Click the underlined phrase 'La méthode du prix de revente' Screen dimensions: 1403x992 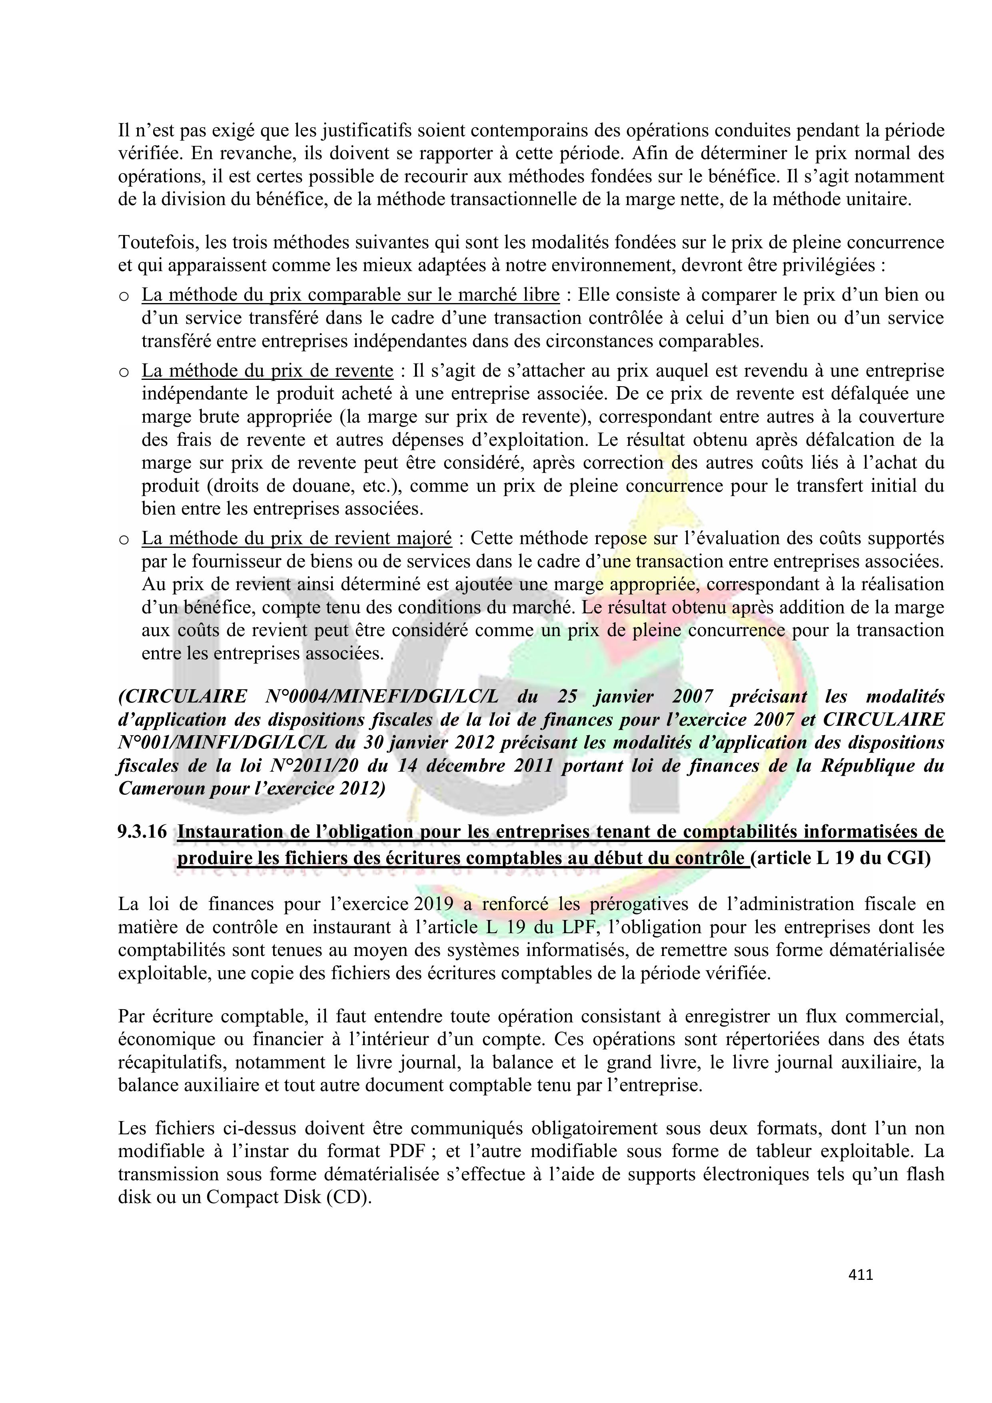tap(267, 371)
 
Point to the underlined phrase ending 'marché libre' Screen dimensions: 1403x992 tap(350, 295)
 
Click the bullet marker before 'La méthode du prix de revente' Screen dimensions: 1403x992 tap(124, 372)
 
